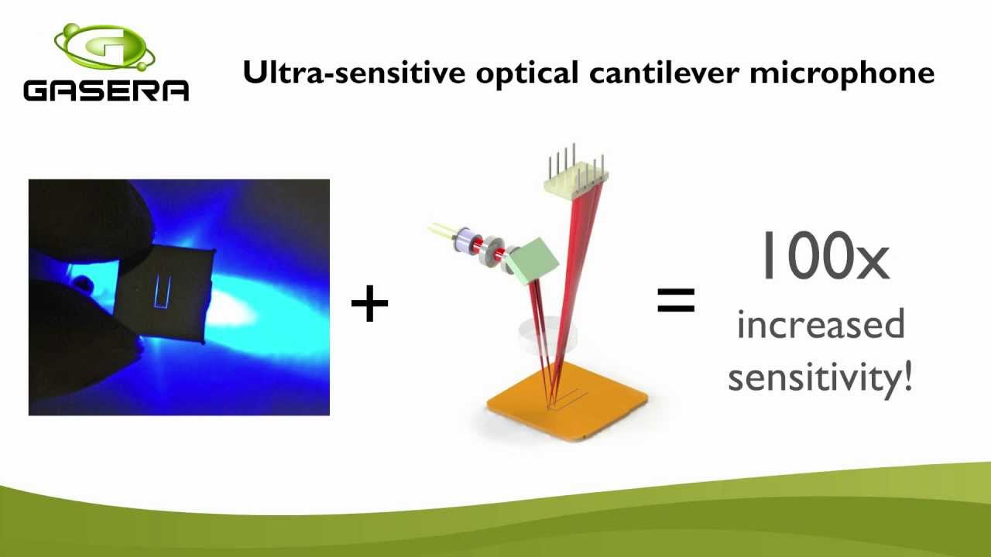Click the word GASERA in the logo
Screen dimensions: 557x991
(x=106, y=90)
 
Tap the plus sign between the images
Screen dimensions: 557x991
(x=369, y=304)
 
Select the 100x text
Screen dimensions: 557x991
(x=824, y=258)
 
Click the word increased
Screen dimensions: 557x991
(x=821, y=325)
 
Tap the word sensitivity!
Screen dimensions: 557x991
(x=821, y=378)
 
